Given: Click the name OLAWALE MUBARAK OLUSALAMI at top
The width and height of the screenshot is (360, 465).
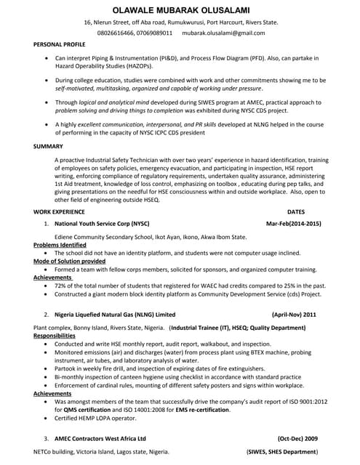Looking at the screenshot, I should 180,9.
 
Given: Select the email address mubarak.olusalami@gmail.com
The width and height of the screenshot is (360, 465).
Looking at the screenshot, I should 223,33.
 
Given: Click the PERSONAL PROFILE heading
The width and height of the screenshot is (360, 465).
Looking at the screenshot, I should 59,45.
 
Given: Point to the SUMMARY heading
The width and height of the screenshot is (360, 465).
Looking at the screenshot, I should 48,146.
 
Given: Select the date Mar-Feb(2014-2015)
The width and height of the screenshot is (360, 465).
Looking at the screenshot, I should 293,225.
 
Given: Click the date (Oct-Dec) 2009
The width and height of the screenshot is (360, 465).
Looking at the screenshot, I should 297,439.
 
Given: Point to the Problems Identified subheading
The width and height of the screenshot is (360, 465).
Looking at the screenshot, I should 63,245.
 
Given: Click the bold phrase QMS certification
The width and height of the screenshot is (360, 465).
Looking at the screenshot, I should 89,409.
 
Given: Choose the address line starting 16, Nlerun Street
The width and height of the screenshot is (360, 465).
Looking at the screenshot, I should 180,23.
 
